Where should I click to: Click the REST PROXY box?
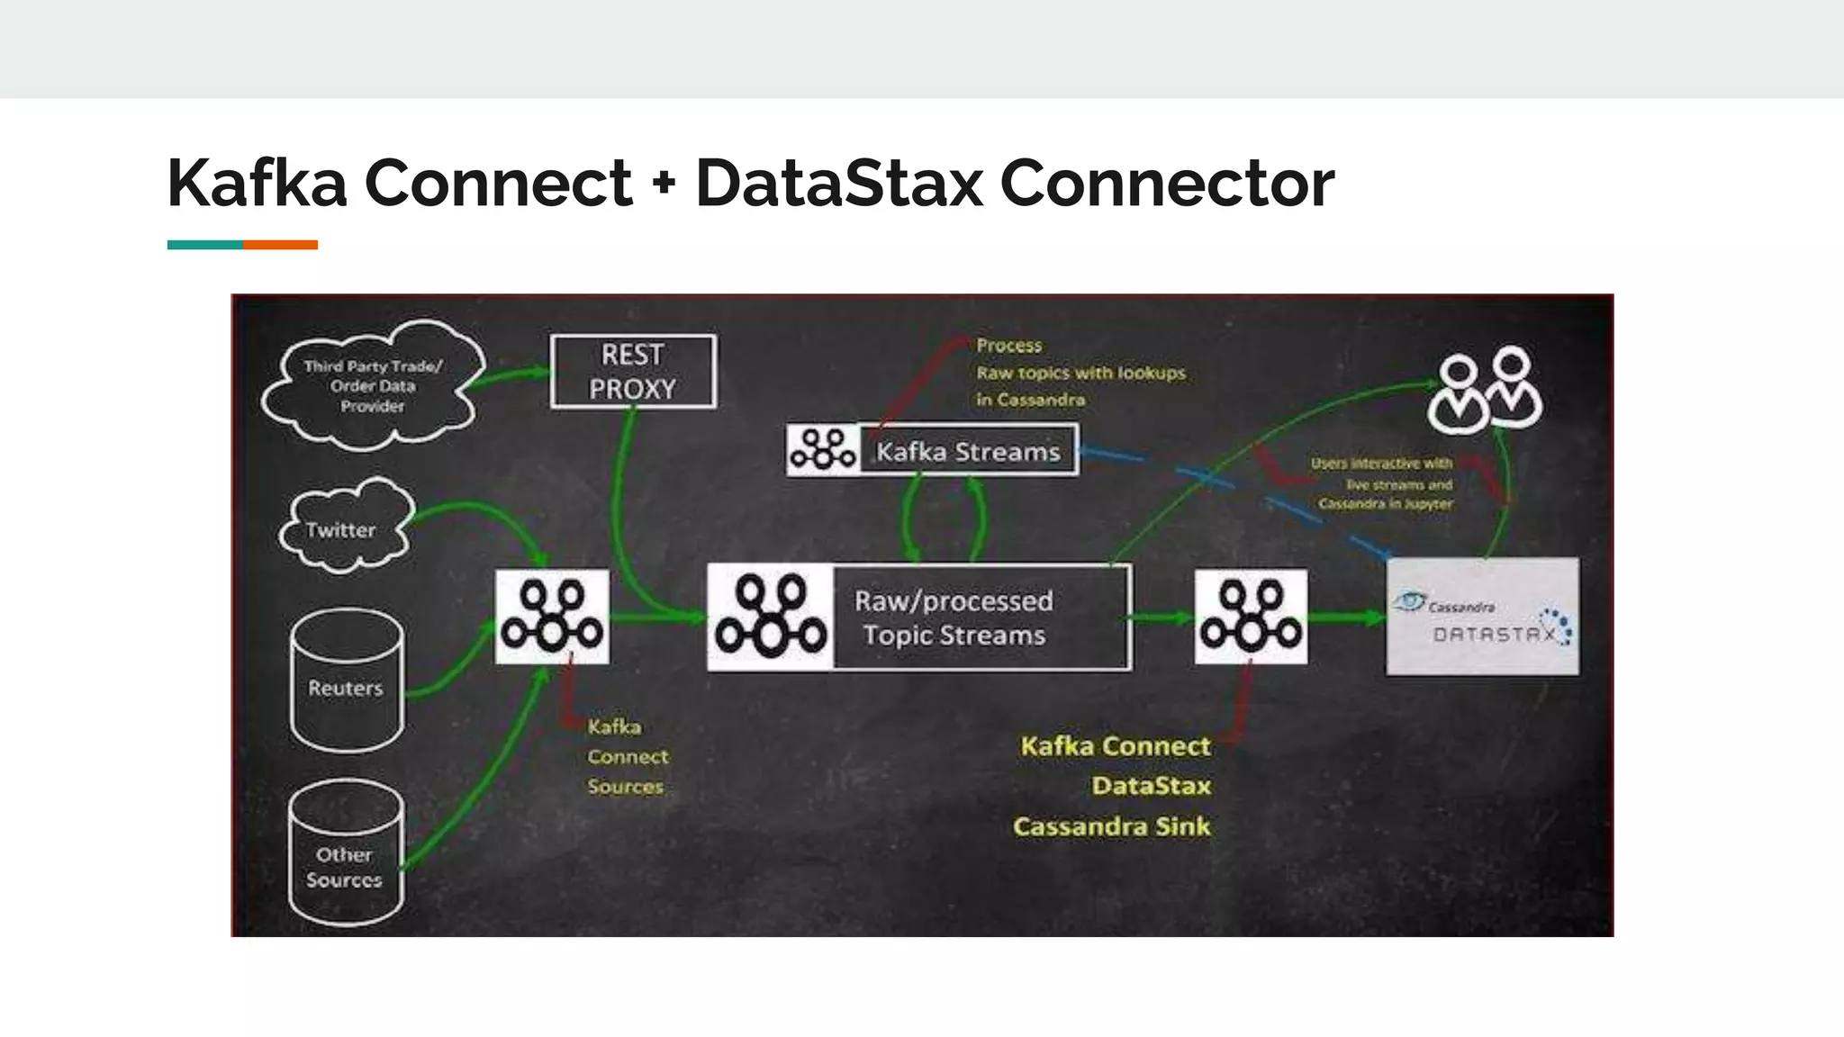click(x=633, y=372)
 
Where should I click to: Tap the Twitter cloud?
click(x=342, y=529)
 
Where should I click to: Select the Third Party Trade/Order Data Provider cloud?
click(x=372, y=386)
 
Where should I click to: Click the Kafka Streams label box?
click(x=968, y=450)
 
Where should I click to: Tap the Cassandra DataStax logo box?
click(x=1482, y=617)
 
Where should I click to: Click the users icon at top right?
click(x=1485, y=391)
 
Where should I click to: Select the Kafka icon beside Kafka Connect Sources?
click(x=552, y=617)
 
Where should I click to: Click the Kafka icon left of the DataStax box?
click(x=1251, y=617)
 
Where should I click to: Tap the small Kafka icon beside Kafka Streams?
click(x=823, y=449)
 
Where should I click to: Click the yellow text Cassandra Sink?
click(x=1111, y=826)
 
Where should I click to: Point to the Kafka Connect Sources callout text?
click(x=627, y=756)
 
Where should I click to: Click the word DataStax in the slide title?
click(x=838, y=184)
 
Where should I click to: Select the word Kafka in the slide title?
click(x=257, y=184)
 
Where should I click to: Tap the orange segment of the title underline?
click(x=280, y=245)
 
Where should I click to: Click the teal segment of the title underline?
click(x=204, y=245)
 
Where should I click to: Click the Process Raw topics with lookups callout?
click(x=1080, y=372)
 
